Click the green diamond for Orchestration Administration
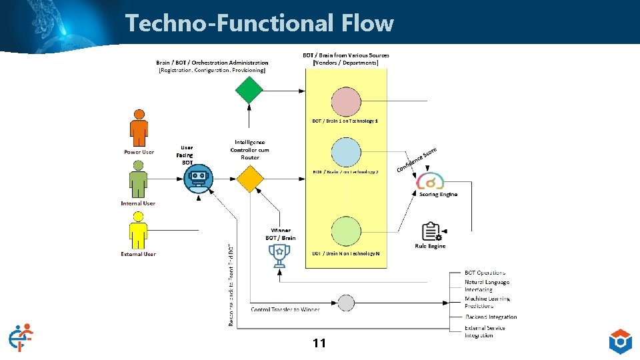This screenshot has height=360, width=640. tap(249, 89)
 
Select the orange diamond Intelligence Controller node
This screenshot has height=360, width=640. tap(249, 179)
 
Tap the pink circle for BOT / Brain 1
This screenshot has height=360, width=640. tap(345, 101)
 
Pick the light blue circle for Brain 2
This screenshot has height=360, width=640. tap(345, 153)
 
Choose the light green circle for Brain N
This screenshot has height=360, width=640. tap(345, 231)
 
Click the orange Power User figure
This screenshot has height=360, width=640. tap(139, 128)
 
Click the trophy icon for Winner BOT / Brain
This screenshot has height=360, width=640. tap(278, 254)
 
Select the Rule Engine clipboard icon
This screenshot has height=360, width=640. tap(431, 231)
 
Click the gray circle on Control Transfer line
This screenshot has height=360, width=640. tap(345, 303)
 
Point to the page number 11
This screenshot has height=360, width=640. tap(319, 343)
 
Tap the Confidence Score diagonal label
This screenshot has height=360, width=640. tap(417, 159)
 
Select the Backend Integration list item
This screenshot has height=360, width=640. tap(491, 317)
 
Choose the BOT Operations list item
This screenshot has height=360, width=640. tap(485, 273)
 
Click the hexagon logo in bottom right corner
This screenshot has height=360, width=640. tap(620, 341)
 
